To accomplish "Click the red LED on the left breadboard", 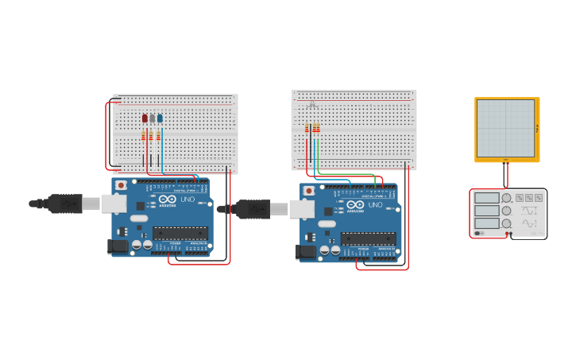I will pos(145,118).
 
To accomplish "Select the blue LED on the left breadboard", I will pos(160,118).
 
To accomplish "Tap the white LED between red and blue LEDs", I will pos(152,118).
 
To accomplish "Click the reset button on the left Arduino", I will pos(121,185).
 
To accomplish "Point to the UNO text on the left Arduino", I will pos(187,199).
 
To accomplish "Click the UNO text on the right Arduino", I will pos(375,205).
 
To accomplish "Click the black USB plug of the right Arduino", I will pos(253,209).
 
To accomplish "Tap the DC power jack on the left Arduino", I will pos(118,246).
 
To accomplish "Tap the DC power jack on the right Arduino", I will pos(306,252).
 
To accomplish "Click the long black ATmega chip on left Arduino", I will pos(180,233).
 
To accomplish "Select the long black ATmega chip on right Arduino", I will pos(368,238).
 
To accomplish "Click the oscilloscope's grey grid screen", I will pos(505,128).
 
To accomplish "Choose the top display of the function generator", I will pos(487,198).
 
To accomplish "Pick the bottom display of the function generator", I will pos(487,223).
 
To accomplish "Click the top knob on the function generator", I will pos(506,198).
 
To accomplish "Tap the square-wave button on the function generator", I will pos(520,197).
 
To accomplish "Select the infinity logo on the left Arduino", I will pos(166,199).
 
